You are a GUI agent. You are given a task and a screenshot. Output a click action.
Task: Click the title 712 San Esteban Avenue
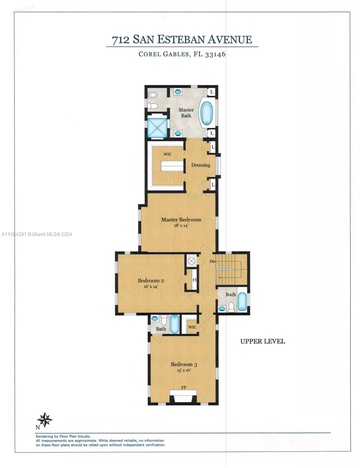(x=182, y=40)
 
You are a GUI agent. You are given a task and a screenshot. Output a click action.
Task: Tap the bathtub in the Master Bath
(x=206, y=113)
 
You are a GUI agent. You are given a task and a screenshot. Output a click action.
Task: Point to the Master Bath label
(x=186, y=113)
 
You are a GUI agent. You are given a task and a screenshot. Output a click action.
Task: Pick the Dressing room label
(x=200, y=165)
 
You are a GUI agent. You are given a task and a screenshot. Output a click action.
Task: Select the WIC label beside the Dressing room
(x=168, y=154)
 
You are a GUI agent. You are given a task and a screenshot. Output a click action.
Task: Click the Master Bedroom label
(x=181, y=220)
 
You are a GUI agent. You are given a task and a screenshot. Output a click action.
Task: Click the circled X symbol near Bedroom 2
(x=192, y=261)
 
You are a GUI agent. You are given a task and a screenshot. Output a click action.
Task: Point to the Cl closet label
(x=194, y=280)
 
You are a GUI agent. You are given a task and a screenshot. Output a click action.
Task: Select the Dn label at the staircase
(x=213, y=261)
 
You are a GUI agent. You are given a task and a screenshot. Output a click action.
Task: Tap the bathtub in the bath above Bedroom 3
(x=174, y=324)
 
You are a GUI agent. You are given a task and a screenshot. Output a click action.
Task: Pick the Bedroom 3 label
(x=184, y=365)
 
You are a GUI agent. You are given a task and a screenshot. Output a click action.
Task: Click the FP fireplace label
(x=183, y=388)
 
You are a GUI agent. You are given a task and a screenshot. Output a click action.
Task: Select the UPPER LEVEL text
(x=262, y=341)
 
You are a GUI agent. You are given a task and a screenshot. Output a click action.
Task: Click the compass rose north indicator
(x=45, y=420)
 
